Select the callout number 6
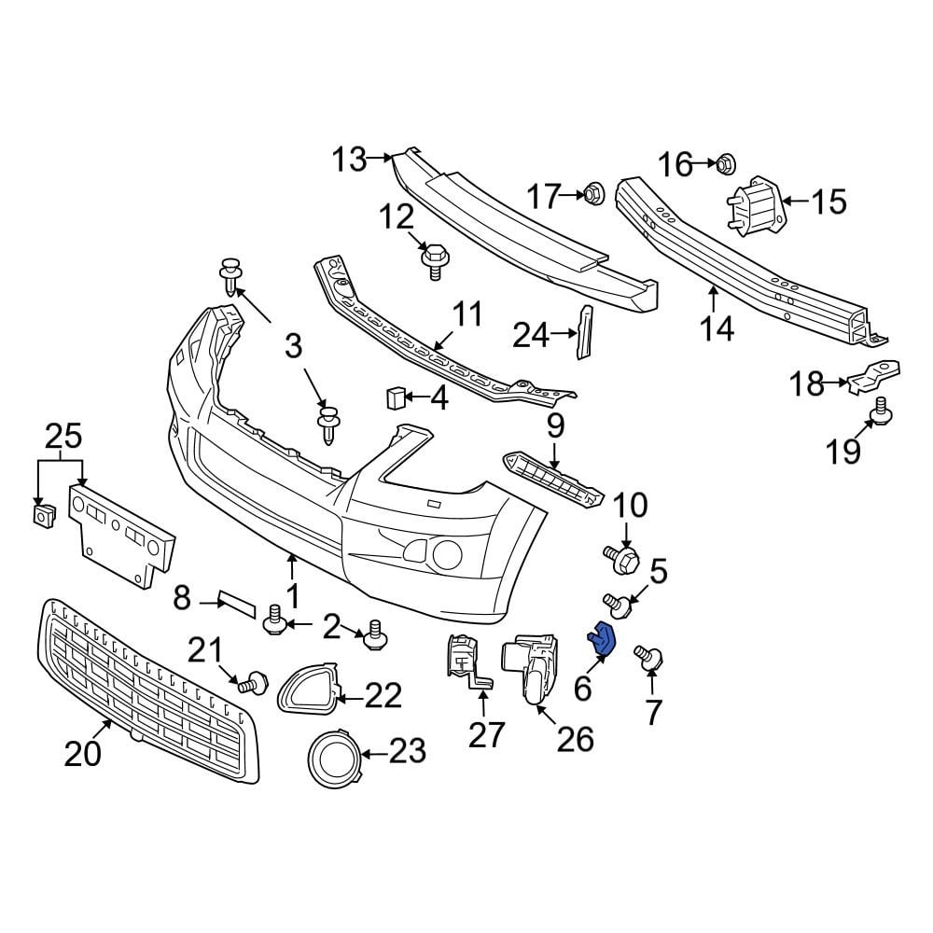pyautogui.click(x=583, y=689)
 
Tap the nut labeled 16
pyautogui.click(x=725, y=165)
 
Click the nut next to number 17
pyautogui.click(x=592, y=195)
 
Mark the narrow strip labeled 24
pyautogui.click(x=584, y=331)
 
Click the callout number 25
pyautogui.click(x=64, y=436)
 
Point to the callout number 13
pyautogui.click(x=351, y=160)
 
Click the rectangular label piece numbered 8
pyautogui.click(x=236, y=604)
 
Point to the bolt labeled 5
pyautogui.click(x=618, y=605)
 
